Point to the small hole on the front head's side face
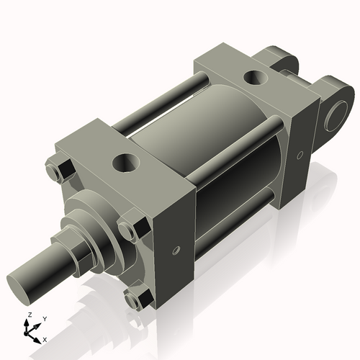point(176,251)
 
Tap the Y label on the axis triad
point(44,318)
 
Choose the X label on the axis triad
point(45,338)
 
